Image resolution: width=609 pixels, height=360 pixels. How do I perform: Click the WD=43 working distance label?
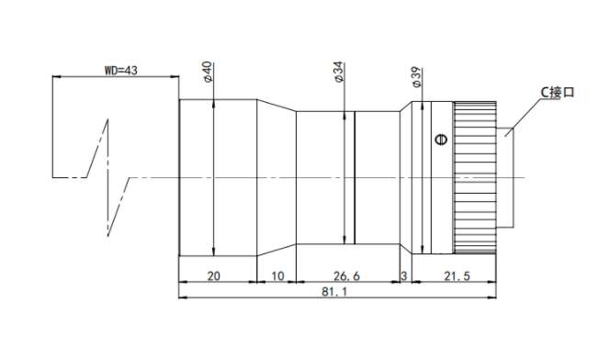click(x=121, y=71)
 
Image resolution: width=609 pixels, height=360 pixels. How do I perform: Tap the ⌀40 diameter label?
click(x=208, y=72)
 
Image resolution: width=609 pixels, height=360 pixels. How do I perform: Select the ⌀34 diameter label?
click(x=339, y=72)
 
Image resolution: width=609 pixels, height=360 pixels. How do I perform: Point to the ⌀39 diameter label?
click(x=416, y=77)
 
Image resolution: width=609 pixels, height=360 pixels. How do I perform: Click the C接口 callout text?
click(x=558, y=93)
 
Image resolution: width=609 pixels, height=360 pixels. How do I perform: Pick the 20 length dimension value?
click(x=214, y=276)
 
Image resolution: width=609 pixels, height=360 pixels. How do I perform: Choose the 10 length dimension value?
click(x=277, y=276)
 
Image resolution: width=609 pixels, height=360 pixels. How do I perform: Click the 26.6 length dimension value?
click(x=346, y=276)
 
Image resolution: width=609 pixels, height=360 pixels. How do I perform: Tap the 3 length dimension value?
click(x=404, y=276)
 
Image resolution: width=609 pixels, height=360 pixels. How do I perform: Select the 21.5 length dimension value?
click(x=457, y=276)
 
